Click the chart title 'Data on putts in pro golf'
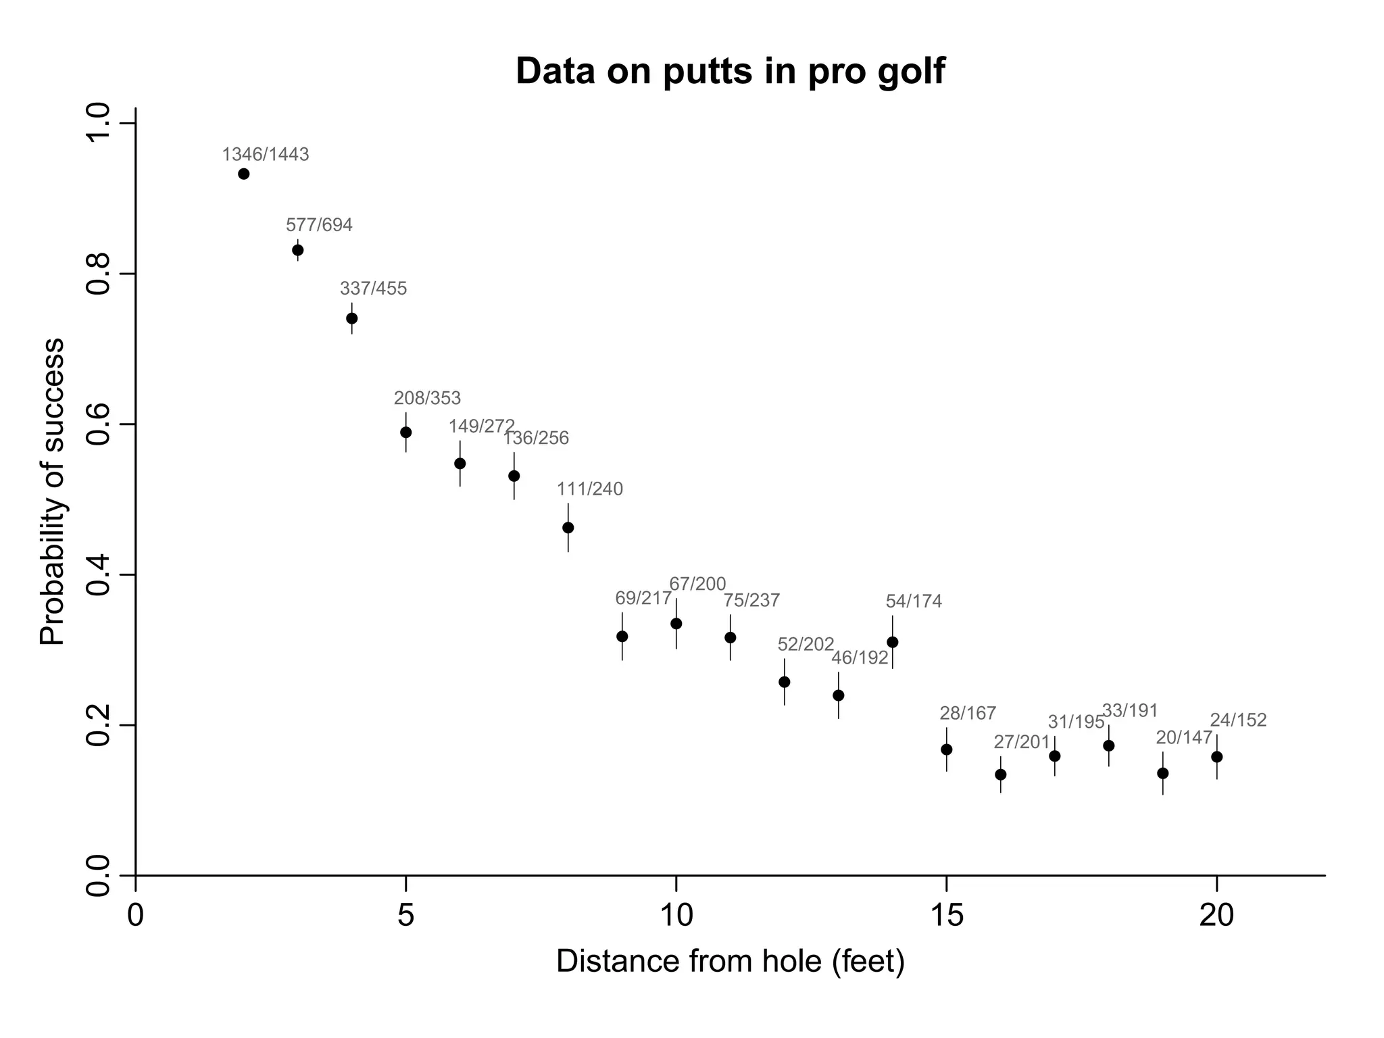[x=730, y=72]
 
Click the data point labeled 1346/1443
[x=244, y=174]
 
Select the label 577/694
[x=319, y=225]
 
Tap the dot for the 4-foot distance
[x=351, y=318]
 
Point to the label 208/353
[x=427, y=398]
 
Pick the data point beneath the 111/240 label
[x=568, y=527]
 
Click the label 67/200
[x=697, y=584]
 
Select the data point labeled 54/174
[x=892, y=642]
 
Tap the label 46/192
[x=860, y=658]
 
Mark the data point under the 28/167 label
[x=946, y=749]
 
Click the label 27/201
[x=1022, y=742]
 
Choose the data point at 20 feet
[x=1216, y=757]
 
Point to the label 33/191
[x=1130, y=711]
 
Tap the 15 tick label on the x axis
[x=946, y=916]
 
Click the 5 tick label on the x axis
[x=405, y=916]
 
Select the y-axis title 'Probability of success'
[x=53, y=492]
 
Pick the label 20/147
[x=1184, y=737]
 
